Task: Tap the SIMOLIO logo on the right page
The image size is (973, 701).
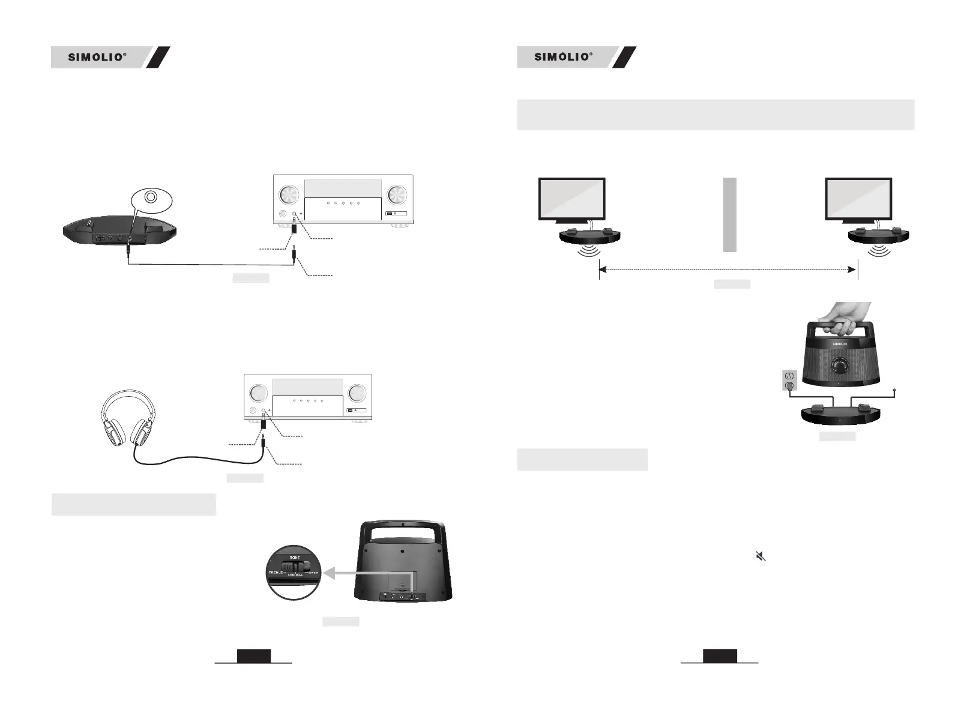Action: [563, 58]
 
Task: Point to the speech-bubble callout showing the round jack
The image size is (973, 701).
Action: [151, 198]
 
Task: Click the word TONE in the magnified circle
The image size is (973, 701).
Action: [295, 558]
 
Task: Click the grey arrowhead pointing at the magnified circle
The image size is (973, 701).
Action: [328, 574]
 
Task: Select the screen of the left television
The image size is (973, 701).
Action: [572, 199]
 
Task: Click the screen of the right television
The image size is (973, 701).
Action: [858, 199]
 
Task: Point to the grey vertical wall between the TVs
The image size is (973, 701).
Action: [729, 214]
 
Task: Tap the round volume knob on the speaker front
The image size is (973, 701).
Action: [840, 365]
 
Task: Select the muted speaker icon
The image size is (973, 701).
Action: [761, 556]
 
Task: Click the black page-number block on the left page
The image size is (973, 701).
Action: [254, 656]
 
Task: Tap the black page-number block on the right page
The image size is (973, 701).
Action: [720, 656]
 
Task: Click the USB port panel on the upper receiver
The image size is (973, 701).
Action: [396, 214]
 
